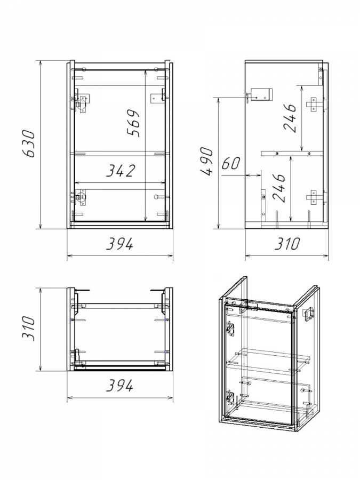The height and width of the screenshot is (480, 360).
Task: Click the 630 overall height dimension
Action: click(29, 143)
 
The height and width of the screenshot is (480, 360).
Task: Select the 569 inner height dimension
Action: click(133, 123)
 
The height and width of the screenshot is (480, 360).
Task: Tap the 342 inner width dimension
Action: click(121, 171)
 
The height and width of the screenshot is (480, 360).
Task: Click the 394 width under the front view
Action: click(119, 244)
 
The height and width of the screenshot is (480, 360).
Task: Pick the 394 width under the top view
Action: click(119, 386)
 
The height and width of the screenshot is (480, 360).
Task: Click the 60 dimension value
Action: click(231, 163)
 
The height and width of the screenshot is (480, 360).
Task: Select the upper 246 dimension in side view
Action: click(290, 118)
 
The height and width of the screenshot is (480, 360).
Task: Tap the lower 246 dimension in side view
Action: click(278, 188)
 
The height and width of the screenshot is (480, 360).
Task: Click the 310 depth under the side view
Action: click(287, 244)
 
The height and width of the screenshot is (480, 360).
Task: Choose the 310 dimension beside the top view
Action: click(29, 329)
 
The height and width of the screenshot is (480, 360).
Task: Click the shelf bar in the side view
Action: click(292, 153)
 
